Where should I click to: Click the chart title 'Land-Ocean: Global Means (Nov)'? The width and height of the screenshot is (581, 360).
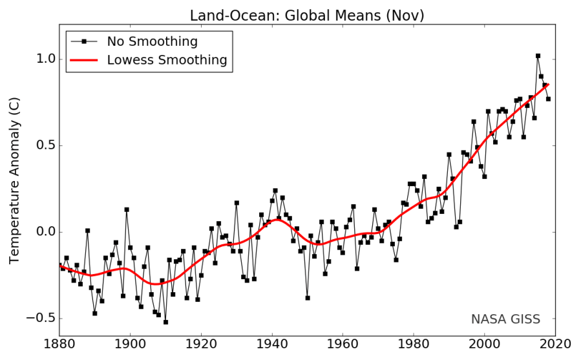click(307, 14)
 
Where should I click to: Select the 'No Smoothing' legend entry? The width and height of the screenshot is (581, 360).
click(153, 42)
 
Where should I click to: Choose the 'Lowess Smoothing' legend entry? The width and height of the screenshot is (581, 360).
click(167, 60)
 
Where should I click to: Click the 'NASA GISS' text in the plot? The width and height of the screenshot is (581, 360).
click(505, 319)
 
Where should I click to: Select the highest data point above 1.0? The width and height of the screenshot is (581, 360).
click(538, 56)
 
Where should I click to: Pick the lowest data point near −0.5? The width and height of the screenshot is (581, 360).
click(165, 322)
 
